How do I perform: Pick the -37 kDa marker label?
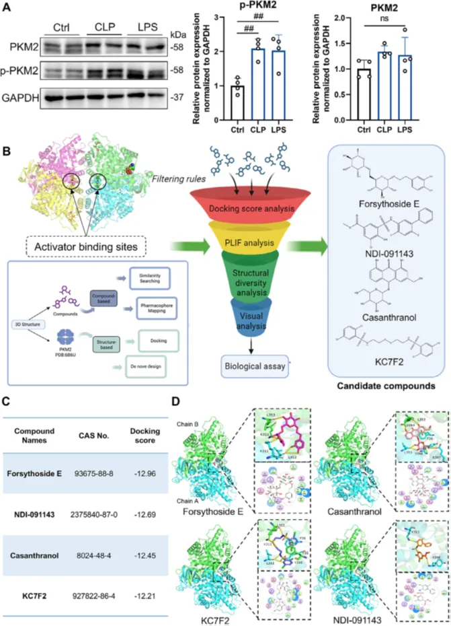tap(177, 98)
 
